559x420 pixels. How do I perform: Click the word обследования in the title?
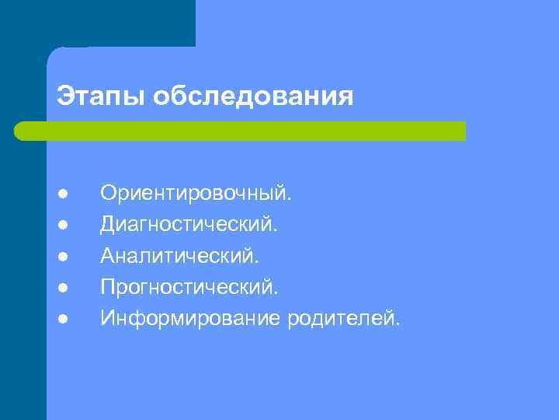coord(253,96)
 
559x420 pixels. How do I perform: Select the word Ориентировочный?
coord(196,193)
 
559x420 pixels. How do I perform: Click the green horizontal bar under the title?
coord(241,131)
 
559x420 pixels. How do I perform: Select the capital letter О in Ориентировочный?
coord(108,193)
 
